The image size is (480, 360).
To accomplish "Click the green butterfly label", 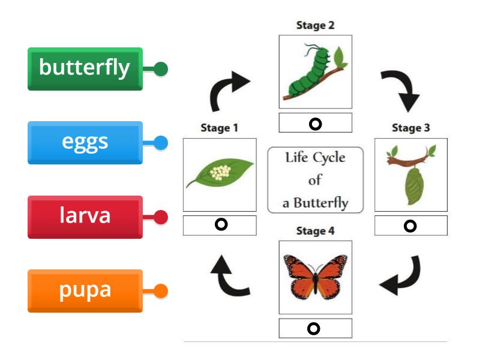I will [x=85, y=68].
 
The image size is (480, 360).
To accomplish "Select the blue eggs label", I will [x=85, y=142].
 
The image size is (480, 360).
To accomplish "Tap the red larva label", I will [x=85, y=216].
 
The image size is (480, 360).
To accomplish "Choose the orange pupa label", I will [x=85, y=290].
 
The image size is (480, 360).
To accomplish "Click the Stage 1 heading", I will [x=219, y=128].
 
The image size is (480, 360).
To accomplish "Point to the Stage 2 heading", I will [x=315, y=25].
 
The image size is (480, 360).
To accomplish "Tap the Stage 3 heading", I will [x=410, y=128].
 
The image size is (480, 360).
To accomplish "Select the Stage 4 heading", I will [x=315, y=230].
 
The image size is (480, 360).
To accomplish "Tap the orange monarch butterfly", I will [x=315, y=276].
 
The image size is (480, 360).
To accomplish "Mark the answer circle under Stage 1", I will [x=220, y=225].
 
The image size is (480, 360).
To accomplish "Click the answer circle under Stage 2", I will [x=315, y=124].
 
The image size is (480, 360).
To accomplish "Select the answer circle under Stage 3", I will [x=410, y=226].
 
